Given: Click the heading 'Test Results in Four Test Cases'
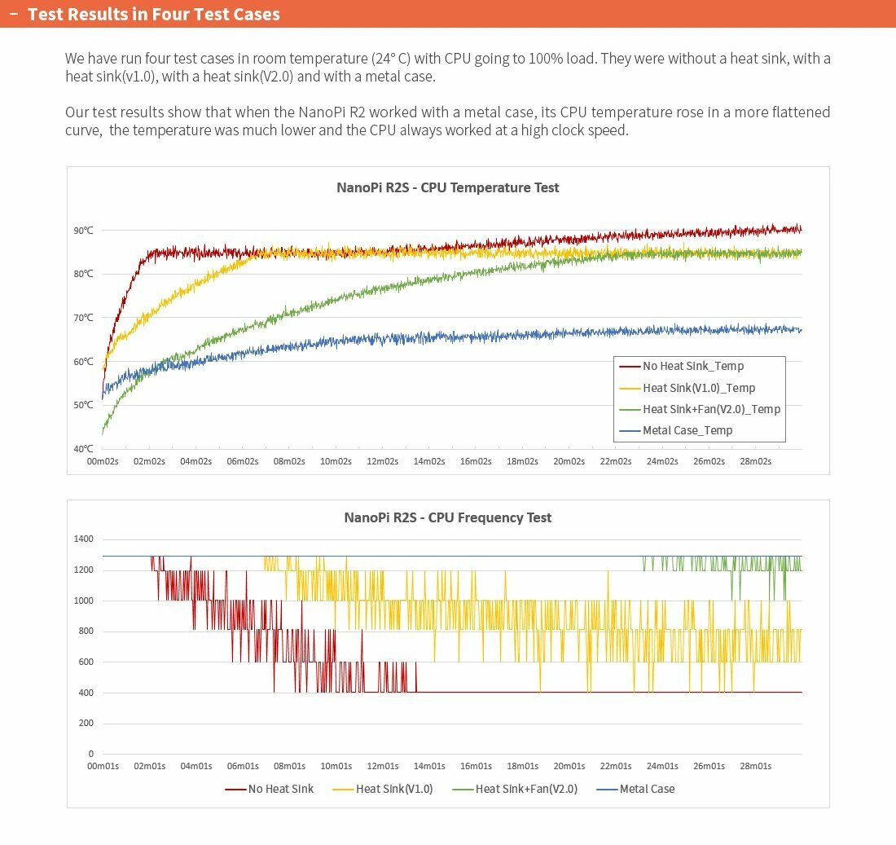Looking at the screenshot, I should click(154, 15).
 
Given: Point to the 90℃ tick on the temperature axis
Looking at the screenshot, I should click(83, 231).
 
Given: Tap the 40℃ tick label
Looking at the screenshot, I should click(83, 449).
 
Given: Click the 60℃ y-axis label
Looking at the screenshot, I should click(83, 362).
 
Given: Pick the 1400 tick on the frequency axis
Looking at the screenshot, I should click(85, 539).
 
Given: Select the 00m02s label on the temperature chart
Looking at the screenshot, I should click(103, 461).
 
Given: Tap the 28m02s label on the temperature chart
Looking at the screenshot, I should click(755, 461).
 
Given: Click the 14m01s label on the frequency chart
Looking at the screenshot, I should click(429, 767).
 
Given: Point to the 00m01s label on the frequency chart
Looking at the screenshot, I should click(103, 767).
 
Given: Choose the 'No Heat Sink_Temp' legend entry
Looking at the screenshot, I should click(692, 367).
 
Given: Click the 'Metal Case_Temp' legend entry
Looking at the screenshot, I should click(687, 430).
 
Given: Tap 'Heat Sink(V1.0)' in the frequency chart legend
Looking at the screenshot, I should click(394, 789).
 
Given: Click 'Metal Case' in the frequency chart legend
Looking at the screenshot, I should click(647, 789).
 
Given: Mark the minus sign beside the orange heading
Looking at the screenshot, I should click(14, 15).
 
